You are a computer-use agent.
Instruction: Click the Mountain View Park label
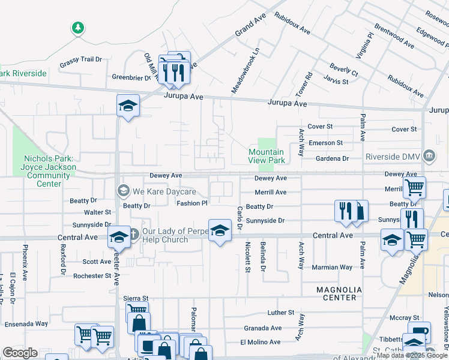click(x=267, y=157)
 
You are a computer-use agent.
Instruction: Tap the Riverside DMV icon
click(x=429, y=156)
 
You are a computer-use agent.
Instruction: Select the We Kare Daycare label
click(x=164, y=191)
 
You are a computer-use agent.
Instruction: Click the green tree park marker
click(x=77, y=28)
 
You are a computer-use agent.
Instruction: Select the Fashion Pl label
click(x=191, y=203)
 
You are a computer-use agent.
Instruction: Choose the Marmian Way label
click(x=331, y=267)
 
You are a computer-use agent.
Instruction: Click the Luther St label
click(x=281, y=313)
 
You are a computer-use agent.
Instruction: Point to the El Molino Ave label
click(x=261, y=342)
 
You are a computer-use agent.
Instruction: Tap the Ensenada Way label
click(x=26, y=323)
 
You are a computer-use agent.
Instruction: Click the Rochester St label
click(x=92, y=276)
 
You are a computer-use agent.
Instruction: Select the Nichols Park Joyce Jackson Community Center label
click(x=49, y=171)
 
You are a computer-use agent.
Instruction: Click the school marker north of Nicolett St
click(x=220, y=230)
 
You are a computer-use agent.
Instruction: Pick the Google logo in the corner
click(x=20, y=353)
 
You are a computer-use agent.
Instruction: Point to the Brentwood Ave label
click(x=394, y=36)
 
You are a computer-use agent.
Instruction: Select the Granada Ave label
click(x=262, y=328)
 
